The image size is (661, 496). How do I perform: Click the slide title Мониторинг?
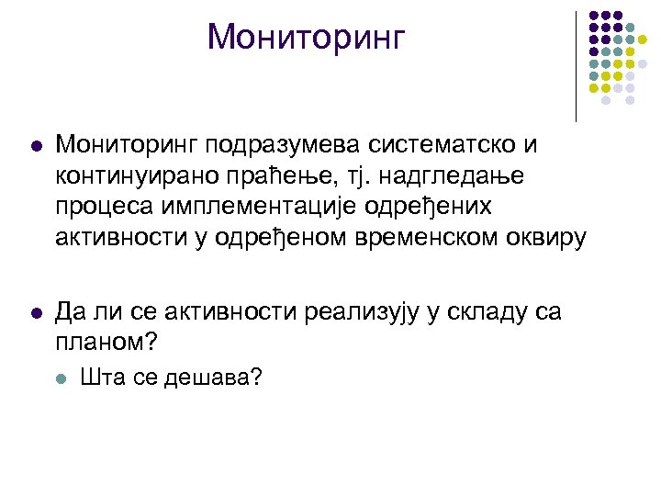click(x=306, y=38)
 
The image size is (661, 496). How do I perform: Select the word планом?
click(x=107, y=344)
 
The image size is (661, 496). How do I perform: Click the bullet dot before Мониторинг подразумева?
click(x=35, y=146)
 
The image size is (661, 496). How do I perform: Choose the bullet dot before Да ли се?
click(x=35, y=314)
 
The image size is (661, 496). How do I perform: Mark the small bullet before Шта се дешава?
click(x=61, y=377)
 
